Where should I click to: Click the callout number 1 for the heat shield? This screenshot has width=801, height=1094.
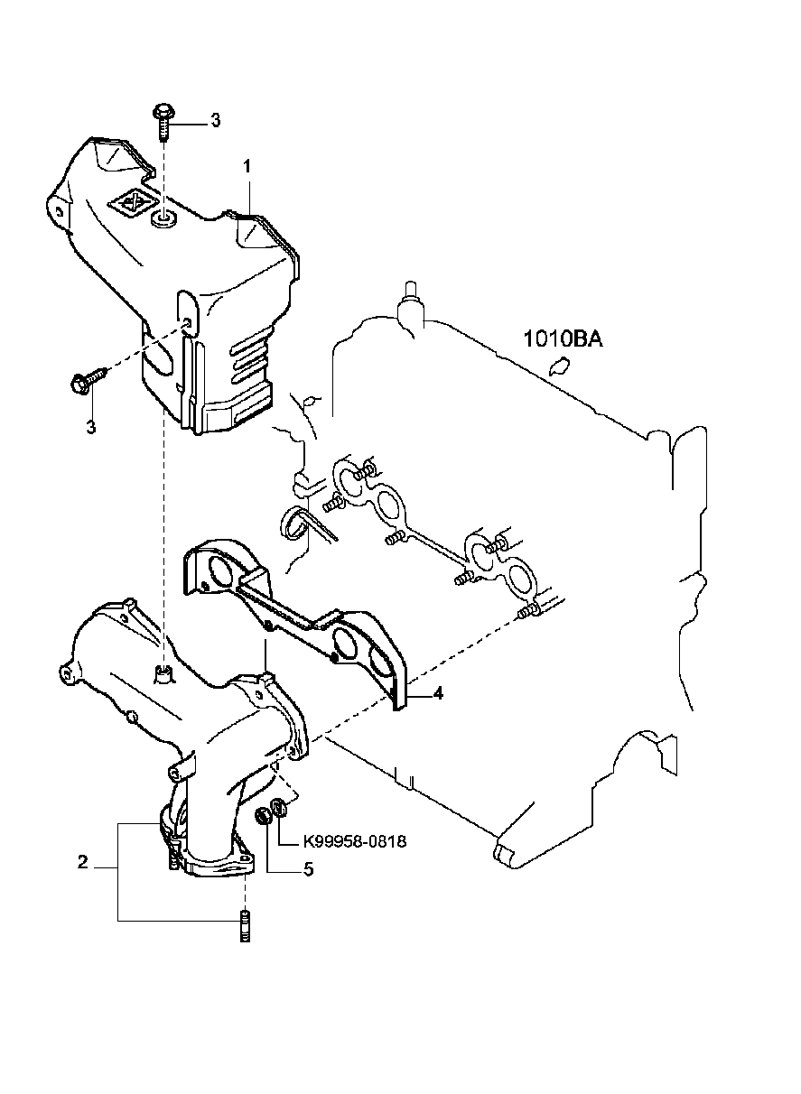(x=245, y=167)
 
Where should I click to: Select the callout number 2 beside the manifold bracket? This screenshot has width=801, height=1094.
(x=82, y=863)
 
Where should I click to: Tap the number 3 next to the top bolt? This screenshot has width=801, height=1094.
(x=215, y=120)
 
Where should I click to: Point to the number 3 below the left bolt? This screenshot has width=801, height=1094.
(x=90, y=426)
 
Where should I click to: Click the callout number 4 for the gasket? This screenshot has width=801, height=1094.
(x=437, y=694)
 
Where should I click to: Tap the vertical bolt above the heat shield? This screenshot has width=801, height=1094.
(x=164, y=120)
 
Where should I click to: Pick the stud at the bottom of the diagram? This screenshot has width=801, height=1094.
(x=244, y=928)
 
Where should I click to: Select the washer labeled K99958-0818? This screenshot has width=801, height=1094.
(x=280, y=808)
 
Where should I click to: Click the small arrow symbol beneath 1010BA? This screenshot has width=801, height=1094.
(x=559, y=366)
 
